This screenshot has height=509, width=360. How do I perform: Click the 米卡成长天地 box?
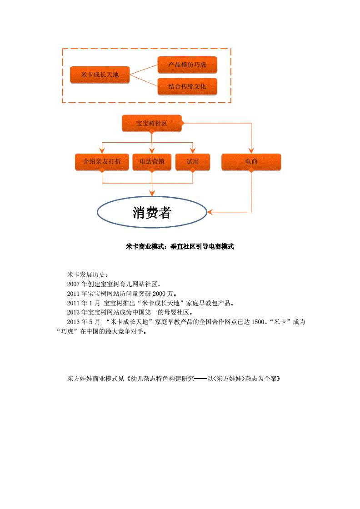click(x=100, y=75)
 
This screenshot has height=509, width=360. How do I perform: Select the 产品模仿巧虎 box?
click(x=187, y=65)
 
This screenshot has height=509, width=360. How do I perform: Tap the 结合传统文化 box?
click(x=187, y=86)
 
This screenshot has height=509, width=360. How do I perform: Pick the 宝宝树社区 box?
click(x=152, y=123)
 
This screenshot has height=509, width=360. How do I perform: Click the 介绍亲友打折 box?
click(x=102, y=162)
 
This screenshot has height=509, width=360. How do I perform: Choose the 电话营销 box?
click(x=152, y=162)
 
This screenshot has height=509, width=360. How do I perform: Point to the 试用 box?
click(x=192, y=162)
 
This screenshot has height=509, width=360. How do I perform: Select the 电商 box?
click(x=251, y=162)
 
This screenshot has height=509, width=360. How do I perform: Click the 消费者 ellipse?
click(x=152, y=212)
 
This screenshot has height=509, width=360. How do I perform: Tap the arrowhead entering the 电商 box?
click(x=251, y=150)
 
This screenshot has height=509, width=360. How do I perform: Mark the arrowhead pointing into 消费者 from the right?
click(x=210, y=212)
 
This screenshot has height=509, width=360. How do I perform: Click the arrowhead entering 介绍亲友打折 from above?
click(x=102, y=150)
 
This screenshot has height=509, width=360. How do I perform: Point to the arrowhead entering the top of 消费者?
click(x=152, y=193)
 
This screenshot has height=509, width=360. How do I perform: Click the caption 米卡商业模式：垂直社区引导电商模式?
click(x=180, y=247)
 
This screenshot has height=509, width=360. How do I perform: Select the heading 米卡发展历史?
click(x=86, y=274)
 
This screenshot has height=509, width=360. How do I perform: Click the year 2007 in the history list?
click(x=73, y=284)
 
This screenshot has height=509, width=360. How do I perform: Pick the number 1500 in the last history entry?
click(x=258, y=322)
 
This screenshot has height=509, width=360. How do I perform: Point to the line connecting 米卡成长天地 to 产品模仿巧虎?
click(x=144, y=70)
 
